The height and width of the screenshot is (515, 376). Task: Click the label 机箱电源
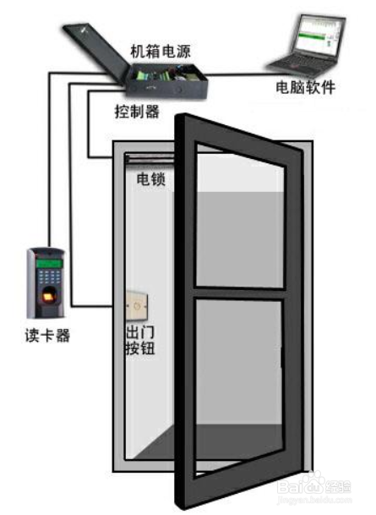[x=161, y=51]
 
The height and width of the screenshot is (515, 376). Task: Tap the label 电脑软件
[x=306, y=87]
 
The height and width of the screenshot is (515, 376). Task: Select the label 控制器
[x=137, y=112]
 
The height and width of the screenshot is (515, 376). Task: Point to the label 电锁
[x=150, y=179]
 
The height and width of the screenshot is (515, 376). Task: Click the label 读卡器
[x=47, y=336]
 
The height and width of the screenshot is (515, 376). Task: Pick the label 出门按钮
[x=140, y=341]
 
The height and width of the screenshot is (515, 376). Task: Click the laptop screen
[x=317, y=35]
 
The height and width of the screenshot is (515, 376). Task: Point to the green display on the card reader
[x=49, y=263]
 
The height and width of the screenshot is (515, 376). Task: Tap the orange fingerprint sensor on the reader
[x=49, y=294]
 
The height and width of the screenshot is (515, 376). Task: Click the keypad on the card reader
[x=49, y=277]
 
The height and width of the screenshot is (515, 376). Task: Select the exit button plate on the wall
[x=137, y=306]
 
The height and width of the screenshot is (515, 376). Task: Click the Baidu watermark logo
[x=314, y=487]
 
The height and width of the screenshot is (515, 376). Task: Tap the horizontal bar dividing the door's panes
[x=239, y=293]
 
